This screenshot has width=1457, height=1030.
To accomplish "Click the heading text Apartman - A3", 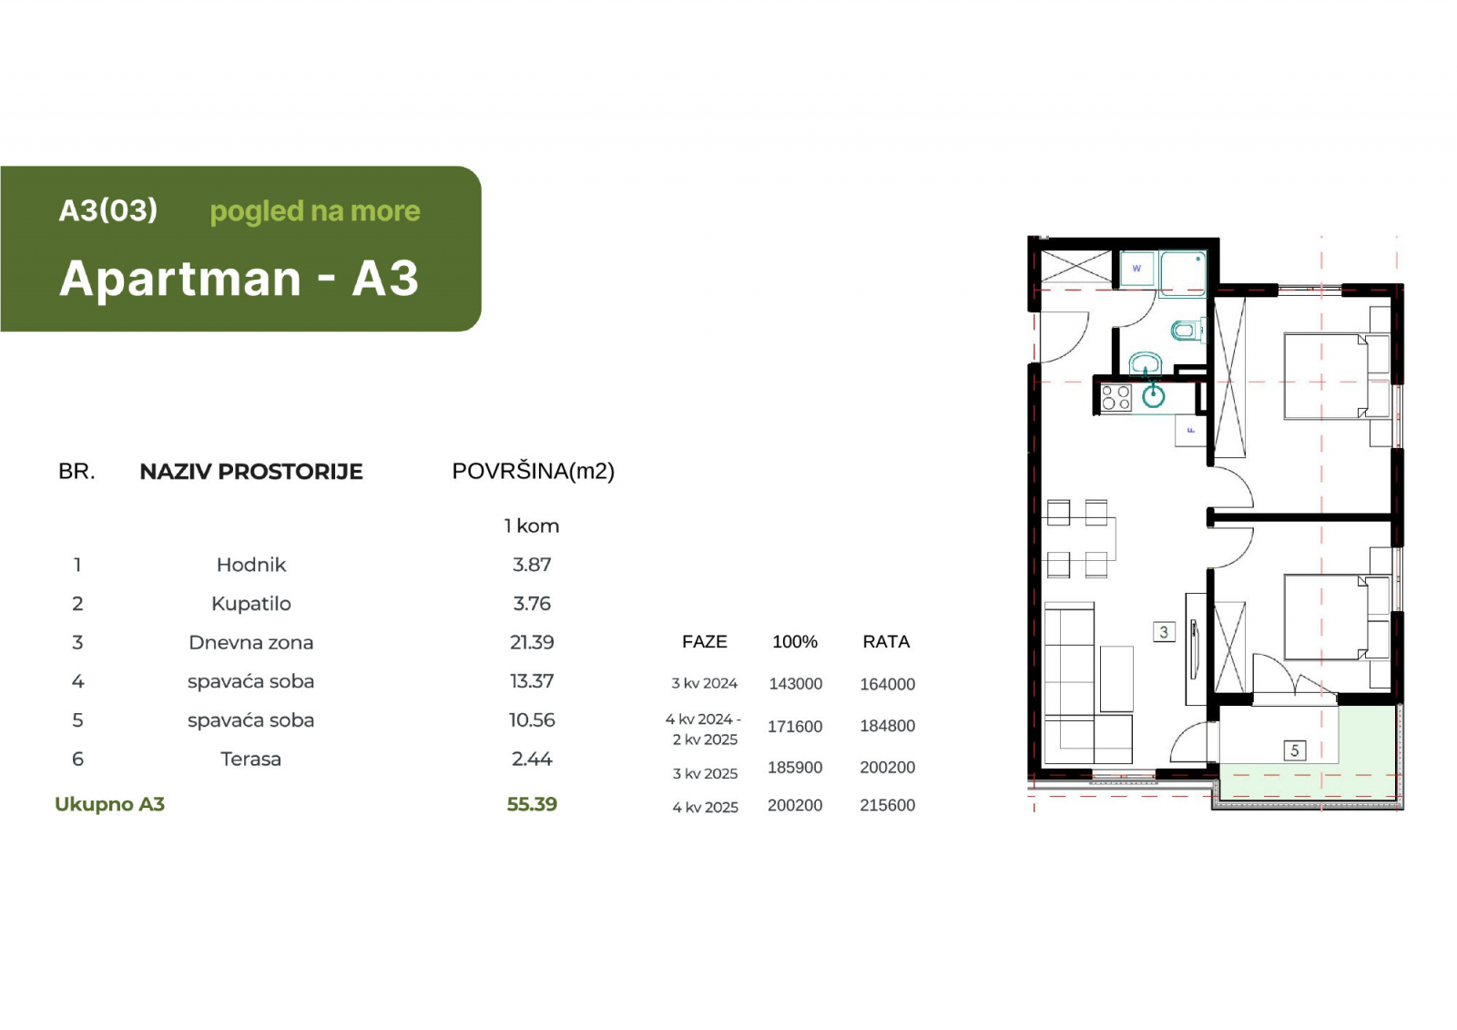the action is pos(239,278).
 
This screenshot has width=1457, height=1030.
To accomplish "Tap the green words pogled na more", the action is pos(315,211).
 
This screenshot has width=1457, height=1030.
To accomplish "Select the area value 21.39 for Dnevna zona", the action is pos(532,642).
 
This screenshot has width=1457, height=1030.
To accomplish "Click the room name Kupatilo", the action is pos(251,604).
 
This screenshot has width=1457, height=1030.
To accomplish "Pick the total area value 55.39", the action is pos(532,804).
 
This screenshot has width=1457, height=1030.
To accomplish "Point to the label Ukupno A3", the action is pos(110,805).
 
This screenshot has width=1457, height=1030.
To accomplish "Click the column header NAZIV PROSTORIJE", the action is pos(251,472).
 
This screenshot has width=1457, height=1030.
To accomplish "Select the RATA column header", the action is pos(886,641).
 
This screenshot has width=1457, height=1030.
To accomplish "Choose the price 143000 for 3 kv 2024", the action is pos(796,684).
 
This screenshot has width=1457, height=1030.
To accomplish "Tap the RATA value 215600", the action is pos(887,806).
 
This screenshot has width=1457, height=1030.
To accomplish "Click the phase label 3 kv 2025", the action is pos(705,774).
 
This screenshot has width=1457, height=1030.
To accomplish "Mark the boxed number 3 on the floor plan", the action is pos(1164,632).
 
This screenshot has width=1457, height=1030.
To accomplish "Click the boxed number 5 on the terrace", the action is pos(1294,750).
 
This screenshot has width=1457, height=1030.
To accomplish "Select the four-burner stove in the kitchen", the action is pos(1116,398).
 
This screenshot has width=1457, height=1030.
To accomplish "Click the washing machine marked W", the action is pos(1137,269).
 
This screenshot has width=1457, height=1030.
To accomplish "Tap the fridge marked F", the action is pos(1190,430).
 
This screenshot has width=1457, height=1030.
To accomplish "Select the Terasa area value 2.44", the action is pos(532,760).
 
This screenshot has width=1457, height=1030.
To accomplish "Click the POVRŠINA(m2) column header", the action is pos(534,471).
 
